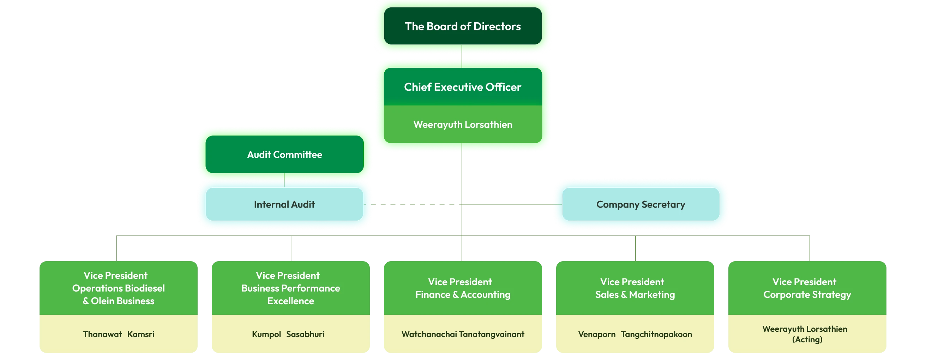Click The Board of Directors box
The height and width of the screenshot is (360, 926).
tap(463, 26)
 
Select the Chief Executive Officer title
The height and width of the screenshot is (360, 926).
tap(463, 87)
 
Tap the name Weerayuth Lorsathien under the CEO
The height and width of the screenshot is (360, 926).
tap(463, 125)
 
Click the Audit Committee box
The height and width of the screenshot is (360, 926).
tap(284, 155)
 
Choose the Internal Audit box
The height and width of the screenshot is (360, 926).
tap(284, 204)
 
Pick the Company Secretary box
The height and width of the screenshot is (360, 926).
tap(641, 204)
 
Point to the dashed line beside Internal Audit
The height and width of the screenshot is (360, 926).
tap(413, 205)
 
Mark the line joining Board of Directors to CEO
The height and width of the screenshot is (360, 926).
tap(462, 56)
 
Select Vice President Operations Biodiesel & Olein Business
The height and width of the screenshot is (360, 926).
tap(118, 288)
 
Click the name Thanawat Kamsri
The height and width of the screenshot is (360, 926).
tap(118, 334)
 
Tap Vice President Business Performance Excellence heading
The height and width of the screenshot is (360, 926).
tap(290, 288)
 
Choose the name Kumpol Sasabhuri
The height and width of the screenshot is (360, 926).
tap(288, 334)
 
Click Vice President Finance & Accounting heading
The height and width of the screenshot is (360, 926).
tap(463, 288)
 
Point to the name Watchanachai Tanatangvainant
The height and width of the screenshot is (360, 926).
tap(463, 334)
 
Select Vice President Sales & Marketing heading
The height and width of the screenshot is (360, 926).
tap(635, 288)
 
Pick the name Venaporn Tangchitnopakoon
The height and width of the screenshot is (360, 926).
tap(635, 334)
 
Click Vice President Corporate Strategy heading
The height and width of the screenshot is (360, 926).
tap(807, 288)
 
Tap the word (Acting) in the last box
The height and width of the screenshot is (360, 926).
tap(807, 340)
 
